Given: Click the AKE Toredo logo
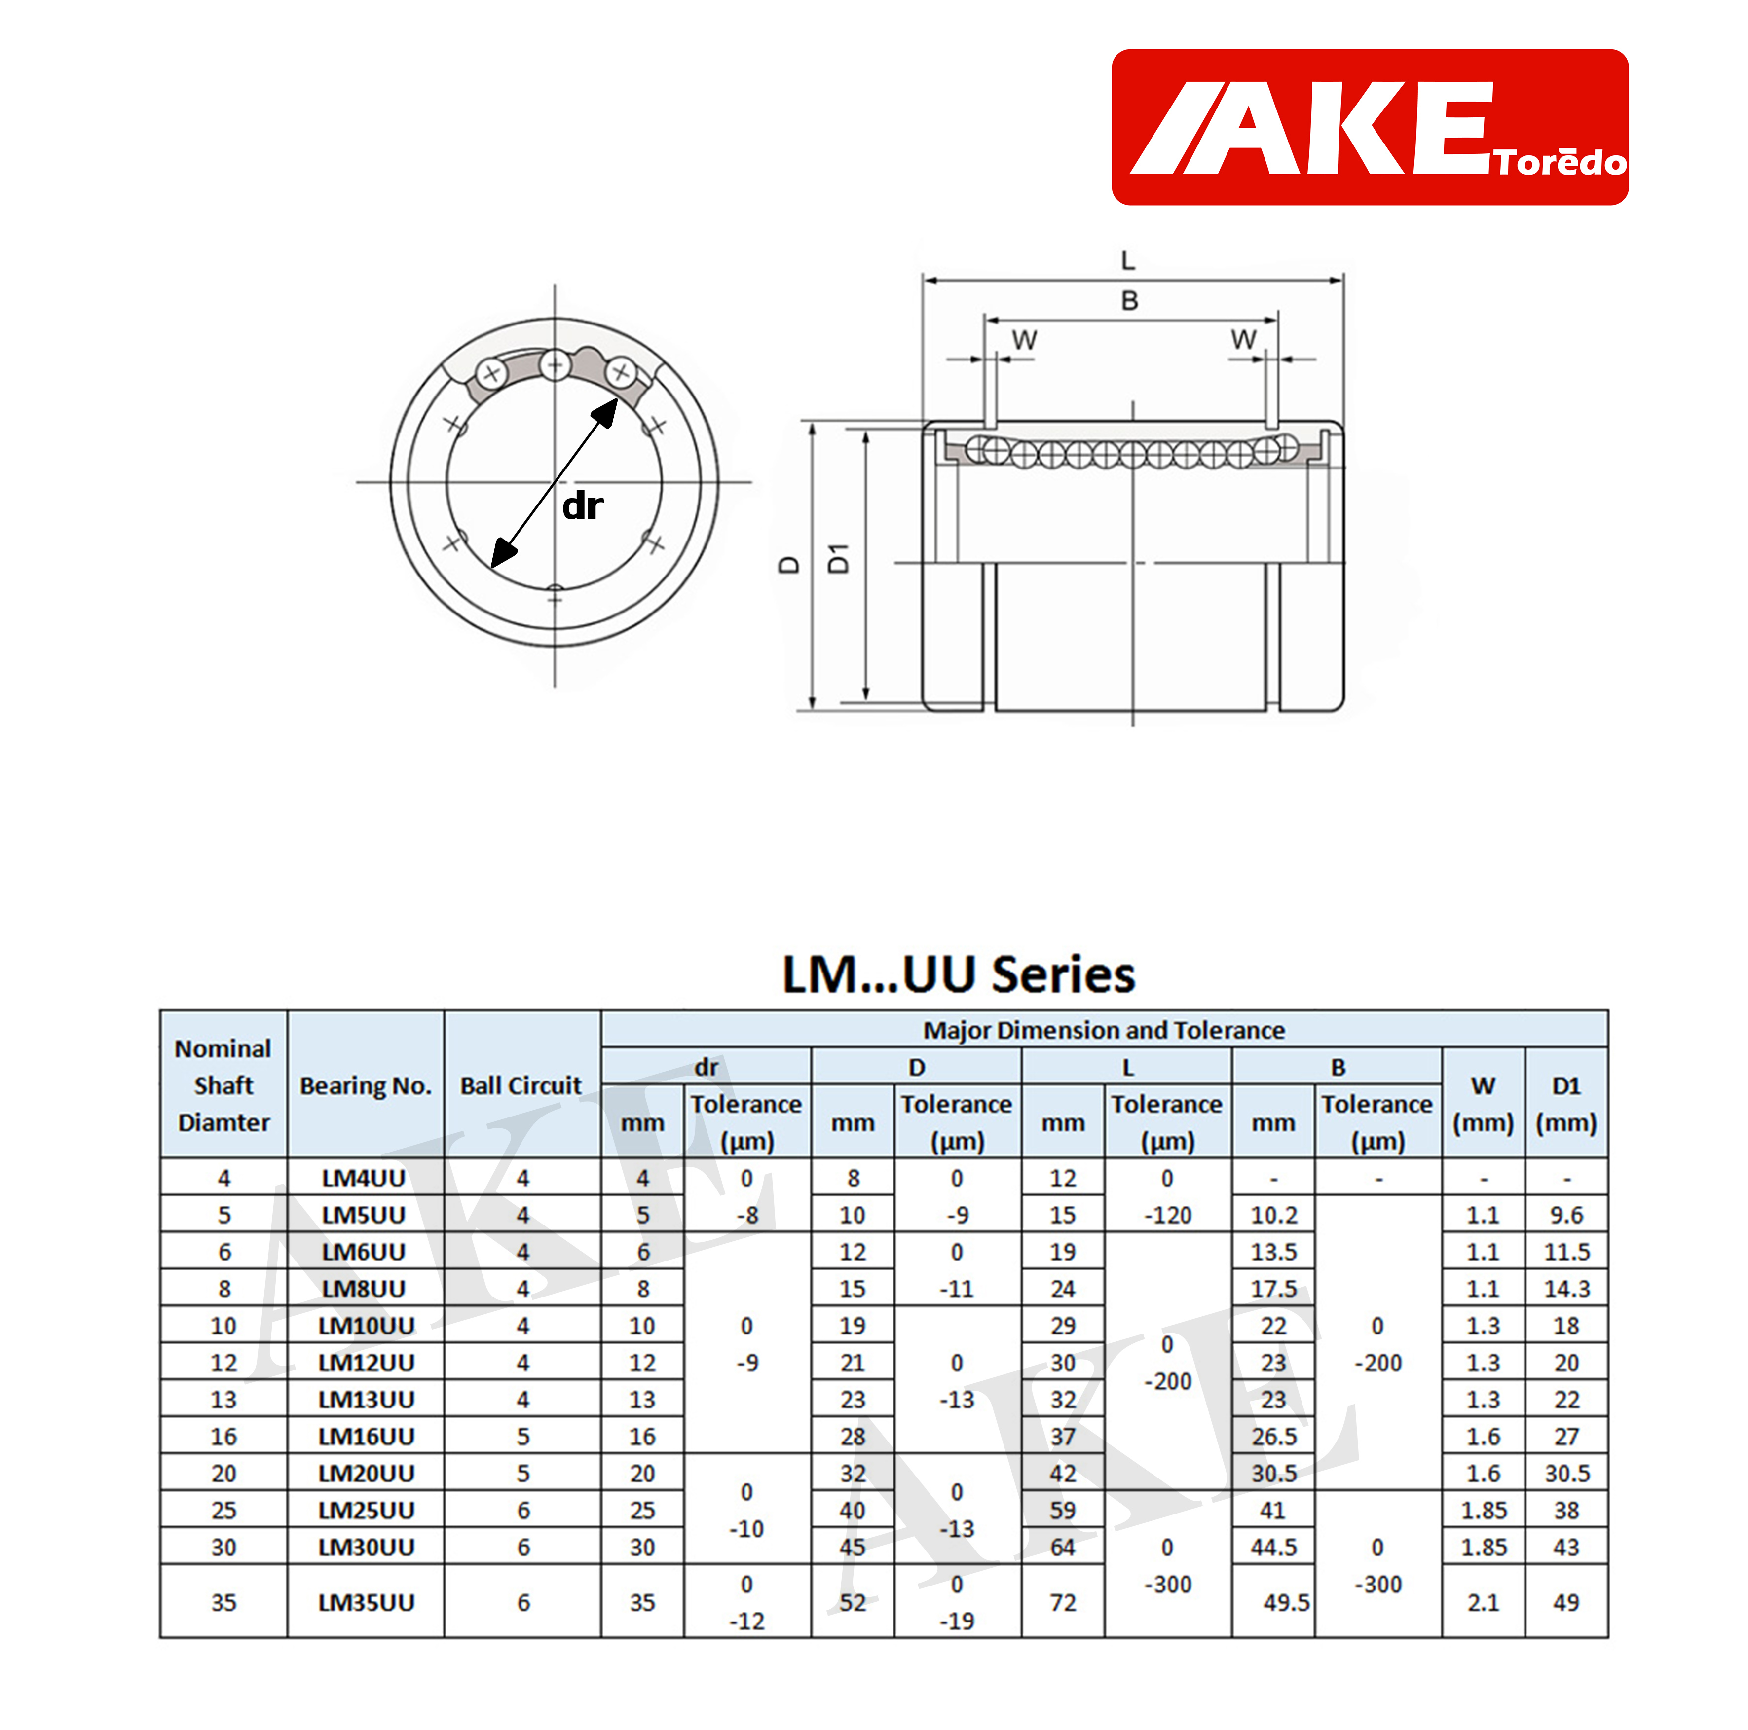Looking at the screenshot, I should coord(1369,128).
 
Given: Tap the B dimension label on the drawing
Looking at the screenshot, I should coord(1129,301).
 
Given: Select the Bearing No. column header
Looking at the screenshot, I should coord(366,1085).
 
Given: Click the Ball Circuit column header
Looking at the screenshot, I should coord(521,1085).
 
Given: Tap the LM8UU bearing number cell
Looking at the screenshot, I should coord(364,1289).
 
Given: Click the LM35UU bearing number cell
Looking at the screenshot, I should coord(366,1602).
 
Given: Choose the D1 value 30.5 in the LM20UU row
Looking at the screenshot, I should coord(1566,1473).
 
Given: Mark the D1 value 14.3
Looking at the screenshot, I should coord(1566,1289).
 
